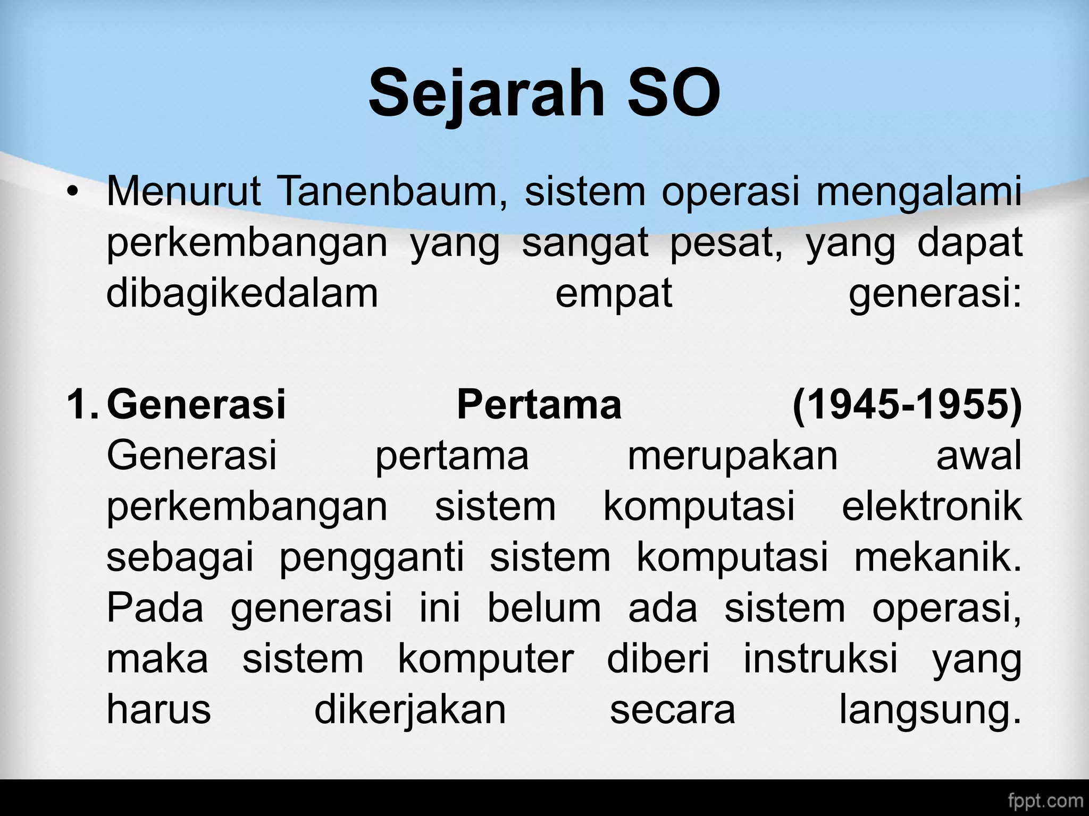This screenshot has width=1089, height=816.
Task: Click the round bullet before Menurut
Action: click(73, 192)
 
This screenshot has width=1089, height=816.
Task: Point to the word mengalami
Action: click(919, 192)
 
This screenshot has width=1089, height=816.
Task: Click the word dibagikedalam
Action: click(242, 294)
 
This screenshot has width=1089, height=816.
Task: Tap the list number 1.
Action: click(82, 405)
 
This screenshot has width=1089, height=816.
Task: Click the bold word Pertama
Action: click(539, 405)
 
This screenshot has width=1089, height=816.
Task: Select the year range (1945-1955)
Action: click(907, 405)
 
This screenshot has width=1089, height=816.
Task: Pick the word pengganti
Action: click(372, 558)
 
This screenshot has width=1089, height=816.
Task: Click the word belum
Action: click(544, 608)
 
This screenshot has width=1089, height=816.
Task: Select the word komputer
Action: click(486, 660)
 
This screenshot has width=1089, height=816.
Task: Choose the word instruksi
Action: click(820, 659)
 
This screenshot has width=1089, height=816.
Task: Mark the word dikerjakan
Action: click(410, 710)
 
